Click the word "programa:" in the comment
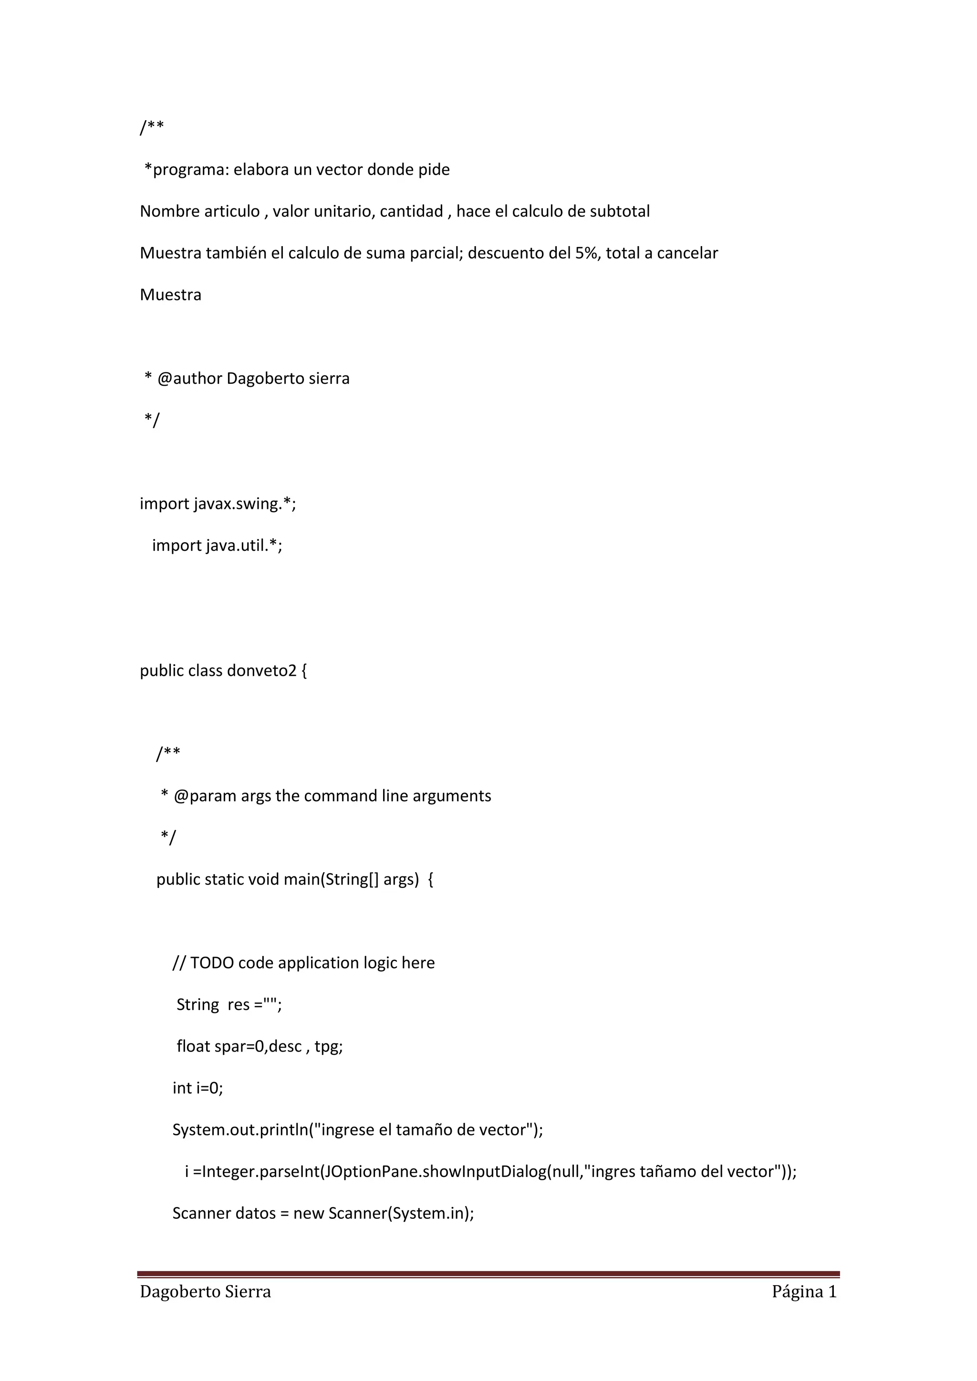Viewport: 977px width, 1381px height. (191, 170)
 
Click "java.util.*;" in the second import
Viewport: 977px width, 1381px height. (244, 546)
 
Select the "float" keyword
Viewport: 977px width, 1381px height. (193, 1047)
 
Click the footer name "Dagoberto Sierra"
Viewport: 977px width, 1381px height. (205, 1292)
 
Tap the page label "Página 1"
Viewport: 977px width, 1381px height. (804, 1292)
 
